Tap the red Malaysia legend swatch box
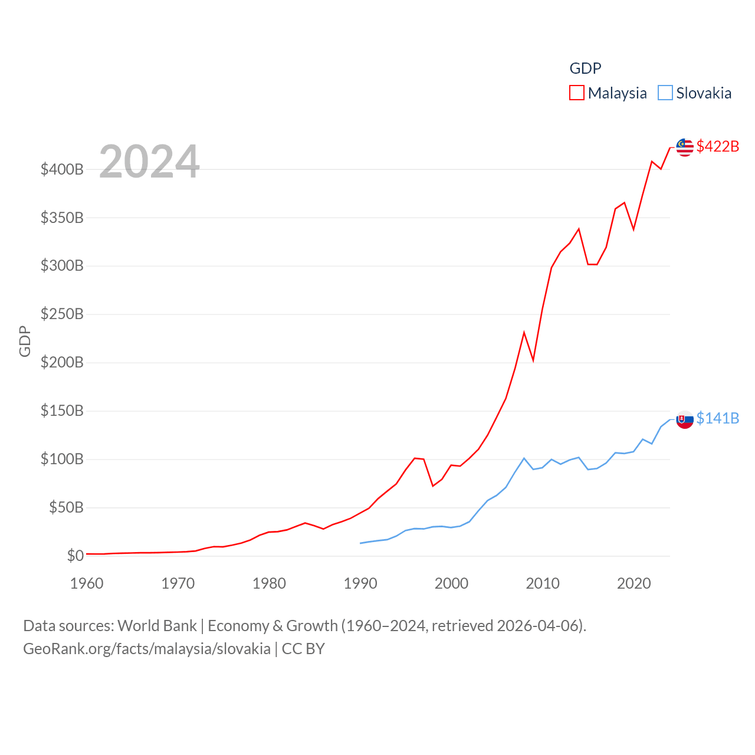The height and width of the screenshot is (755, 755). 576,93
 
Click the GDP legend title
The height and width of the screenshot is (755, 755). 585,68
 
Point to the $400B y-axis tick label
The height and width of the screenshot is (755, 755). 62,170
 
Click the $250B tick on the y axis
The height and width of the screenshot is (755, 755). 62,314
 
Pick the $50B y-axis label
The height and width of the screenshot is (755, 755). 66,507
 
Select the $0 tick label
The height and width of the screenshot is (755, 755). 75,556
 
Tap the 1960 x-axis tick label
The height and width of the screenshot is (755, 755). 87,583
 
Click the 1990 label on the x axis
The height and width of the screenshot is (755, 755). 360,583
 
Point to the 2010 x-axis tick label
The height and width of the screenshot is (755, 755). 543,583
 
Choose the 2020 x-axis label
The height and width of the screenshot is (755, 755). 633,583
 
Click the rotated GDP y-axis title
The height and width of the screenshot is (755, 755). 25,341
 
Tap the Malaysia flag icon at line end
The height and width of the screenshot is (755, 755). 685,147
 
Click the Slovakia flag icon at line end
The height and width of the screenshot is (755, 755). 685,419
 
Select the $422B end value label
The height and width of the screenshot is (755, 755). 717,146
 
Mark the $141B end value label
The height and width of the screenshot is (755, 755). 717,418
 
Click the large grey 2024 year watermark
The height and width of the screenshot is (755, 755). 149,162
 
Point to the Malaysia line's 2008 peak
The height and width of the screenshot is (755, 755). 524,333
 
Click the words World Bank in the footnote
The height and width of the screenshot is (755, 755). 157,625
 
